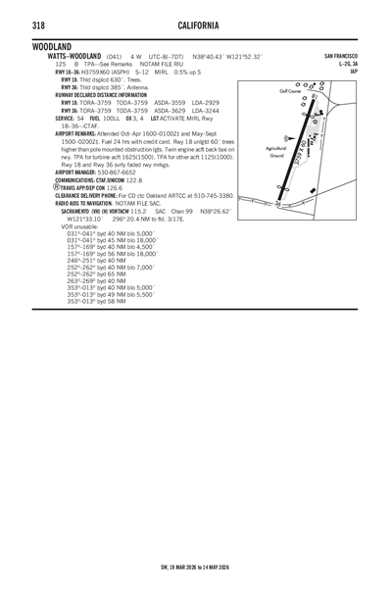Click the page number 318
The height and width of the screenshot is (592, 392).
click(x=38, y=23)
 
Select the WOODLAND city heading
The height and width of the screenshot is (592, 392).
click(x=51, y=46)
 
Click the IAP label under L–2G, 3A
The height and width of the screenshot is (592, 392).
click(x=353, y=72)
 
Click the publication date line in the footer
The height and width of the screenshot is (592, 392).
click(x=197, y=567)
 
